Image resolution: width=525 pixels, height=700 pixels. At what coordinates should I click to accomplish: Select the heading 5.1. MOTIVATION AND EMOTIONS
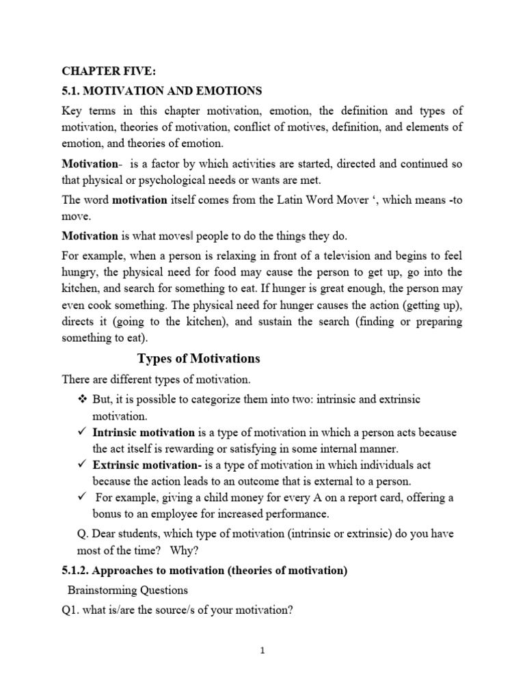[x=162, y=91]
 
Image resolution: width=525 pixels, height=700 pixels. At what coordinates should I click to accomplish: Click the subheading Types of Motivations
[x=199, y=359]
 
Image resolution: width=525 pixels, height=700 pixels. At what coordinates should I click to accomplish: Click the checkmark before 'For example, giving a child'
[x=81, y=497]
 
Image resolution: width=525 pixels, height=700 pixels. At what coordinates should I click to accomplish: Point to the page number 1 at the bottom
[x=262, y=651]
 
